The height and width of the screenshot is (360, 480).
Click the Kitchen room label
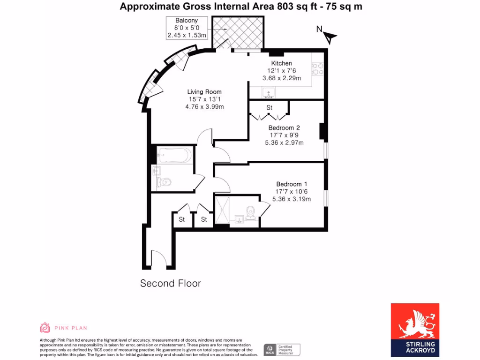point(281,63)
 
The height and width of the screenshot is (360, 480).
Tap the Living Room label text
point(204,92)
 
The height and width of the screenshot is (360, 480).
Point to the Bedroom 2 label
point(284,127)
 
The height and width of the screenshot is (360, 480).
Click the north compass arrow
point(330,37)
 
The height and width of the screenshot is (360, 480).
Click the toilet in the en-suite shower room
point(251,214)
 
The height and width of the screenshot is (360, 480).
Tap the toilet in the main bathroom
point(165,181)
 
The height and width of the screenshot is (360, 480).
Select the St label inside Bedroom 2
point(270,108)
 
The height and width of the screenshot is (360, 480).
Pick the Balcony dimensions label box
point(187,28)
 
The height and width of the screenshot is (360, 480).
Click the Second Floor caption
point(171,284)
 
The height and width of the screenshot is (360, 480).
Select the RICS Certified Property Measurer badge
point(282,349)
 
